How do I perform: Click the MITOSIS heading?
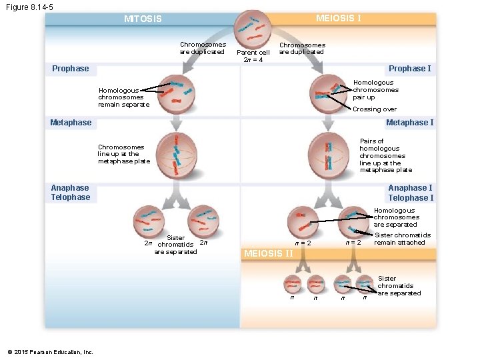point(143,19)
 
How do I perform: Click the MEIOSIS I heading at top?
point(338,18)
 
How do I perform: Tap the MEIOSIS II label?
point(269,253)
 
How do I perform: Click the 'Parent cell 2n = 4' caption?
point(253,56)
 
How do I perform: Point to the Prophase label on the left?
point(71,69)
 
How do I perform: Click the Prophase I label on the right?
point(409,69)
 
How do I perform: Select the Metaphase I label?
point(409,123)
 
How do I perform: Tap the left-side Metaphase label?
point(71,123)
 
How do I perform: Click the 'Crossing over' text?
point(374,109)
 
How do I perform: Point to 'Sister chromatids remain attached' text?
point(403,239)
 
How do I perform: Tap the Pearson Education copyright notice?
point(50,352)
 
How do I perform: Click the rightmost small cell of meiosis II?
point(365,284)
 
